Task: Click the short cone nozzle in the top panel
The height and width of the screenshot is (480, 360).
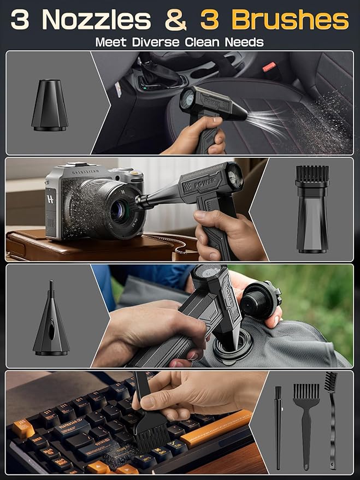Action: point(50,106)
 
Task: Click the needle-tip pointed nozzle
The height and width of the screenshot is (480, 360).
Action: point(51,320)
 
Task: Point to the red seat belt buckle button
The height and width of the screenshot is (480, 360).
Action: point(269,67)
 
